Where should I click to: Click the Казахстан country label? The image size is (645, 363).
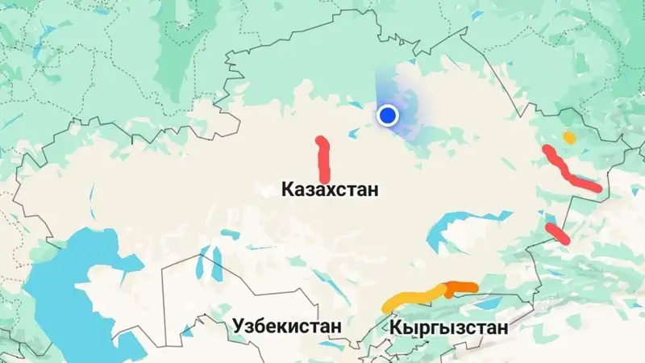[x=329, y=190]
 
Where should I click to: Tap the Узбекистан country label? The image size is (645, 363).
[x=287, y=326]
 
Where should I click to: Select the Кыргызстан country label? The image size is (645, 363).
[x=448, y=328]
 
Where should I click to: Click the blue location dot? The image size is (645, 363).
[x=389, y=116]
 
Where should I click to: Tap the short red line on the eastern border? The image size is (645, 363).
[x=557, y=233]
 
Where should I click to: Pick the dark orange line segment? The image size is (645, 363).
[x=461, y=287]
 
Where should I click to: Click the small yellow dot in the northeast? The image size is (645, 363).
[x=569, y=137]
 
